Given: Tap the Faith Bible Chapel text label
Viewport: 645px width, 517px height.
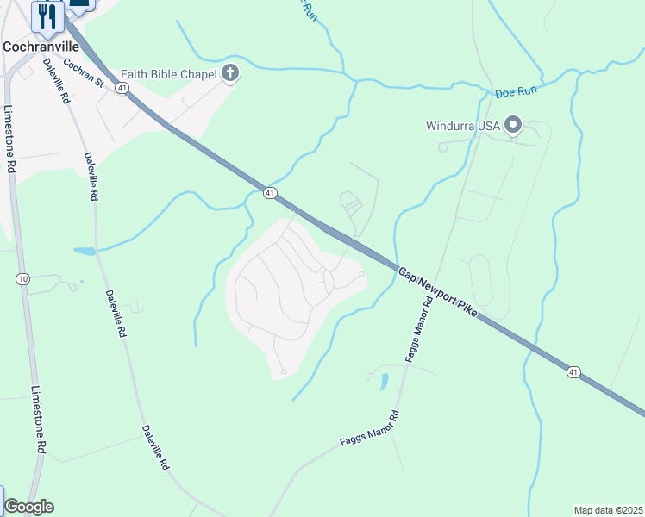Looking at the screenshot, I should coord(168,74).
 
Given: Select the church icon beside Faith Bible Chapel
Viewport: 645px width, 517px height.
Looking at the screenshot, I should coord(229,74).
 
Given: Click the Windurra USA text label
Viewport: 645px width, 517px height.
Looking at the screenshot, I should coord(463,126).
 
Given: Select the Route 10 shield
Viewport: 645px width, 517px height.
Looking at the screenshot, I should coord(22,278).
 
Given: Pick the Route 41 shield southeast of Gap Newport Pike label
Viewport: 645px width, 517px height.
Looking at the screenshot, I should coord(573,371).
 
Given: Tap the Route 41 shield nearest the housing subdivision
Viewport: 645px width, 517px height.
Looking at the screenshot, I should coord(270,194).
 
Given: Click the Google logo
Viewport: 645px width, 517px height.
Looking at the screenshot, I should coord(28,507).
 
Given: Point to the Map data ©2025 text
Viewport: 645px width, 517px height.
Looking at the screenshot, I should coord(608,510).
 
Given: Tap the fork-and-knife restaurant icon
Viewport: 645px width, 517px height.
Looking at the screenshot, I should coord(47,16).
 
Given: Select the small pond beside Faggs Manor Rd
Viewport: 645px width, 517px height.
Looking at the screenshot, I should coord(384,380).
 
